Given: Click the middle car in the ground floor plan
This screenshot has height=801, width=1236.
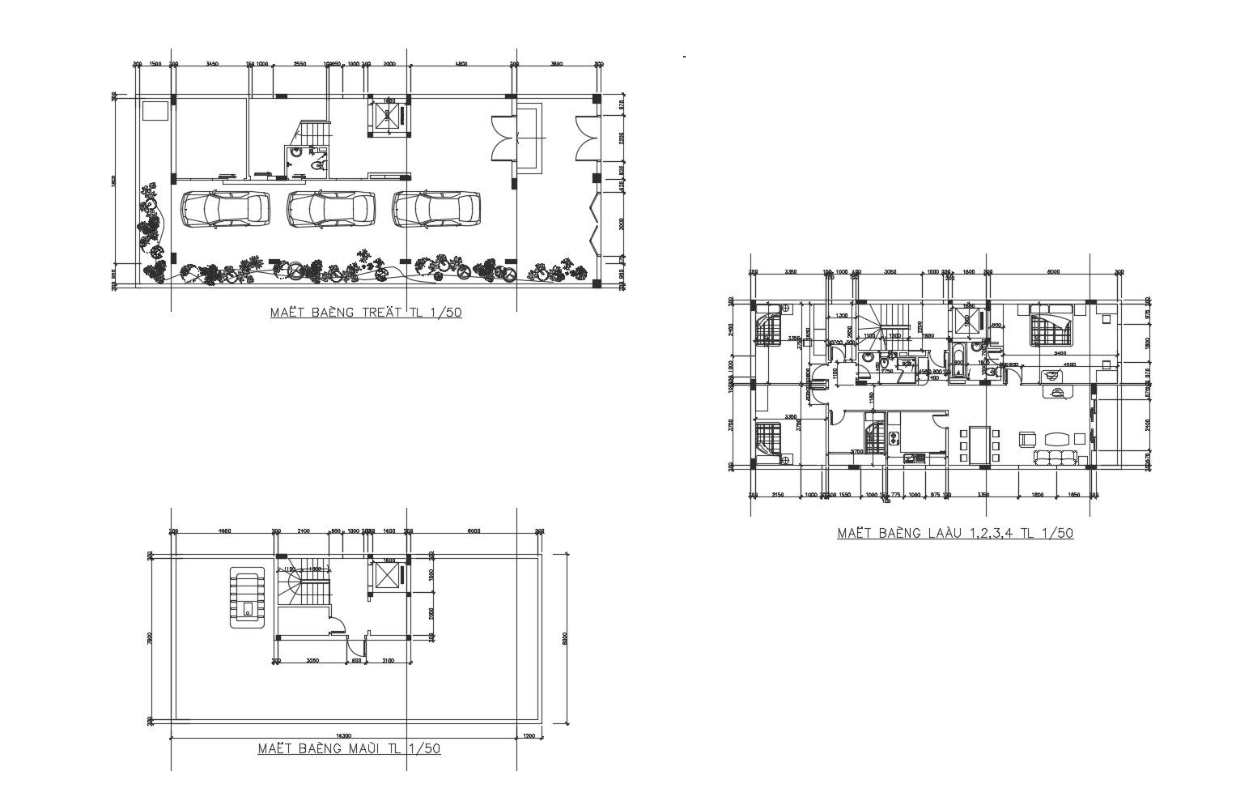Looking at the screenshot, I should tap(331, 209).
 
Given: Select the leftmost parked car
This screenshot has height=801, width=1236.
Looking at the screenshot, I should tap(225, 209).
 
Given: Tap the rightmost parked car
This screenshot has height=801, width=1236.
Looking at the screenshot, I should tap(436, 209).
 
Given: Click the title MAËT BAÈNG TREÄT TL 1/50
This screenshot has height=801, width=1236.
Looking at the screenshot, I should tap(366, 312).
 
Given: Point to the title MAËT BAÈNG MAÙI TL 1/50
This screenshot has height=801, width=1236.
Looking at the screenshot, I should tap(349, 748).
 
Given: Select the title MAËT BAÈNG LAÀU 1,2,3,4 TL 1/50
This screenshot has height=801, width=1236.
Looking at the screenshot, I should tap(955, 533).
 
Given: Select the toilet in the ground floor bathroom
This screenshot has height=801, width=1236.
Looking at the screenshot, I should tap(317, 165).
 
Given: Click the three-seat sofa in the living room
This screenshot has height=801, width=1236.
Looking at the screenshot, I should tap(1055, 458).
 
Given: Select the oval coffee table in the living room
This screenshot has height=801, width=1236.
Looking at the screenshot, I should tap(1056, 439).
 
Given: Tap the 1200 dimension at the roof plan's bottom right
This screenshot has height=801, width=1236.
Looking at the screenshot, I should tap(529, 736).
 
